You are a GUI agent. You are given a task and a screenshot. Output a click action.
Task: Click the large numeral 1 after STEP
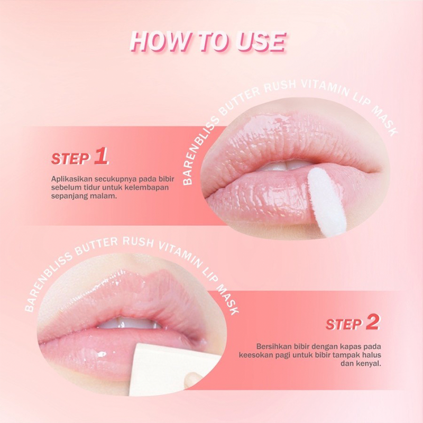tap(100, 156)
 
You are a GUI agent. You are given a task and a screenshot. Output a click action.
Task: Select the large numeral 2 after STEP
tap(372, 322)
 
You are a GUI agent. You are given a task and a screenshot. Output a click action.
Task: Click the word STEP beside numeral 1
tap(70, 159)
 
